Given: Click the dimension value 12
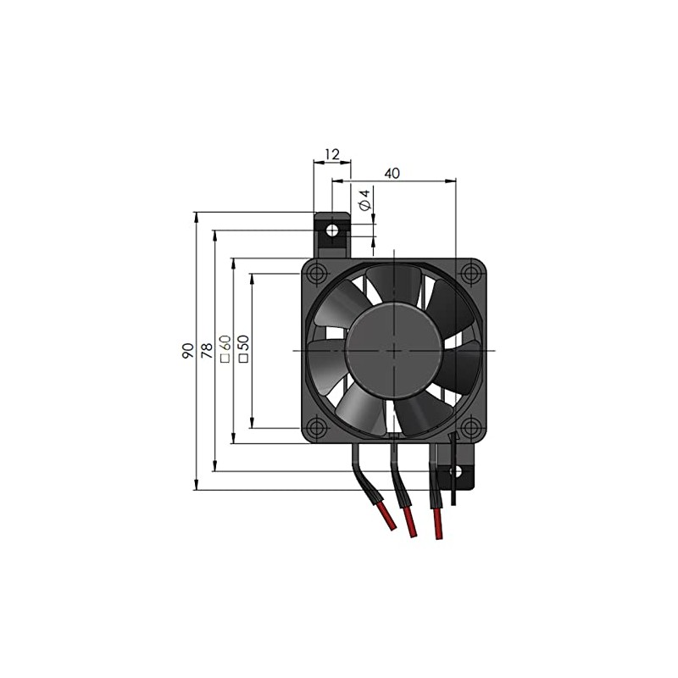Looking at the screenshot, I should point(331,154).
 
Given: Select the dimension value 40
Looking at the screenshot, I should point(392,173).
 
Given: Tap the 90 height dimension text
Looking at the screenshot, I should point(186,351).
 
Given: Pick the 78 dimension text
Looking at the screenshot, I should point(205,351).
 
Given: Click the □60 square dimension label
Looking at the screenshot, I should point(225,348).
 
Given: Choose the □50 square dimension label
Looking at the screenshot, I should point(244,348).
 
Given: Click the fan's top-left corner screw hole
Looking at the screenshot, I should point(317,274).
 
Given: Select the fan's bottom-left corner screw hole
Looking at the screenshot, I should point(317,426).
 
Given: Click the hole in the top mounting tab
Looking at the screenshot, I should point(332,230).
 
